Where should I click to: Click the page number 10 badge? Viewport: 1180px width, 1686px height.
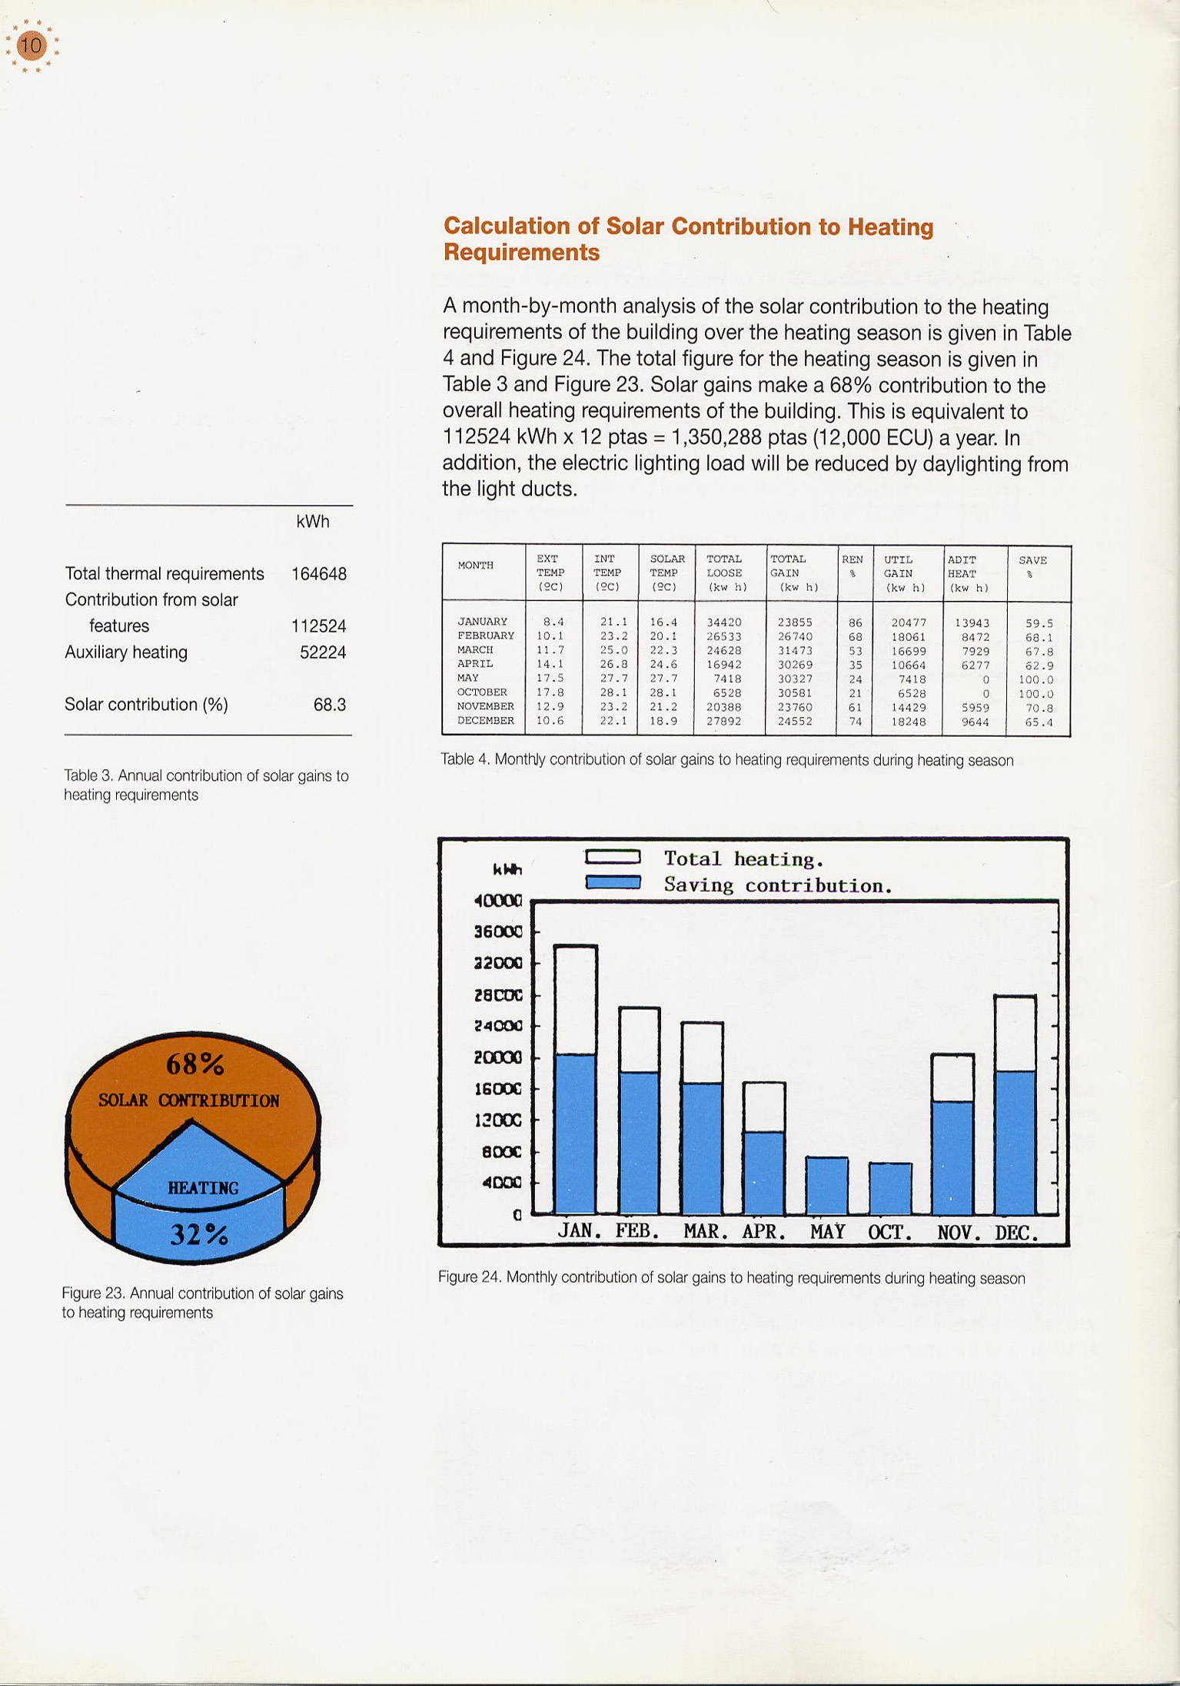click(32, 46)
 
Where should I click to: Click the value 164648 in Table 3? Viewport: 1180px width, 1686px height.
click(318, 574)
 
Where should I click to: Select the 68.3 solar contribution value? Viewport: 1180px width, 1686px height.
click(329, 705)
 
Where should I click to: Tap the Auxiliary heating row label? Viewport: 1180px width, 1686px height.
click(126, 652)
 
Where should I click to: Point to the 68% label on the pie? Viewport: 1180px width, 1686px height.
click(195, 1064)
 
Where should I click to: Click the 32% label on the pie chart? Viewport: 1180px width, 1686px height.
click(199, 1234)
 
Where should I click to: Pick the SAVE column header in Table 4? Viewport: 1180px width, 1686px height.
click(1032, 561)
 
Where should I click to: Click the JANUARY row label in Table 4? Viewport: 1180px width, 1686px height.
click(482, 622)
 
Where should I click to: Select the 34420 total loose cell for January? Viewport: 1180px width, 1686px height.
click(724, 622)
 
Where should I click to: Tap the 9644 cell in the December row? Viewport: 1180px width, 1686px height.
click(975, 722)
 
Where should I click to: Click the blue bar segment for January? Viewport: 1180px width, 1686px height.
click(575, 1133)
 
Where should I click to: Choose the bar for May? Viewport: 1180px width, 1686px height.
click(827, 1185)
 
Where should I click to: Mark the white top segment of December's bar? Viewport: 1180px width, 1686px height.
click(1015, 1033)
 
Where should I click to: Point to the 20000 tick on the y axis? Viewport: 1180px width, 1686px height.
click(498, 1058)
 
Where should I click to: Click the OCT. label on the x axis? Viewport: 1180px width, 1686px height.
click(890, 1233)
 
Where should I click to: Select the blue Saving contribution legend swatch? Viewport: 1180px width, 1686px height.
click(613, 882)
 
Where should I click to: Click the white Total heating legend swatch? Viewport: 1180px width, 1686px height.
click(613, 856)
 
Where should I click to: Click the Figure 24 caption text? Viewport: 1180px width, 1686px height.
click(731, 1277)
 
